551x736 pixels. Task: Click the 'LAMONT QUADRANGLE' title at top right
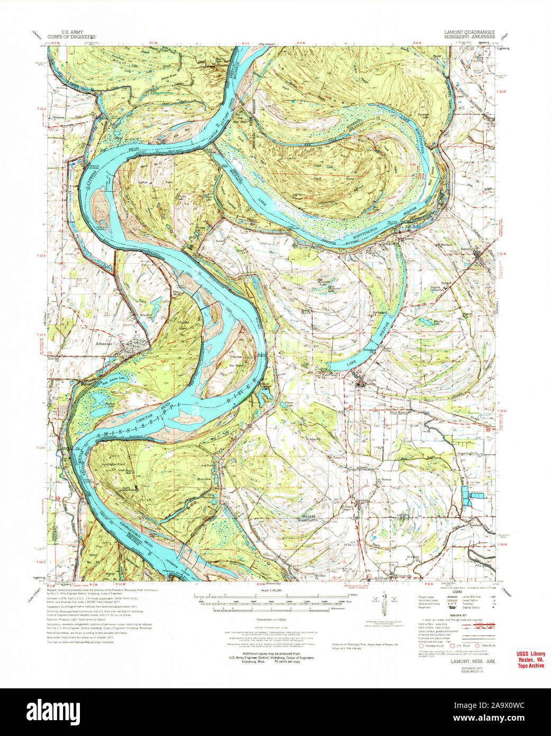(469, 33)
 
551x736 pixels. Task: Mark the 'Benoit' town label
(482, 248)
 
